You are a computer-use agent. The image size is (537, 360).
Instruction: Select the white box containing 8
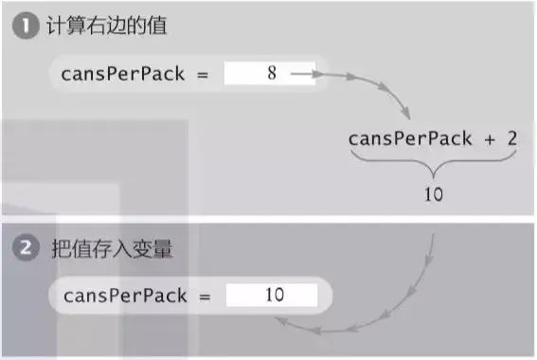tap(269, 72)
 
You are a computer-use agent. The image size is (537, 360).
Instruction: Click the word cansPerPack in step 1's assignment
tap(122, 73)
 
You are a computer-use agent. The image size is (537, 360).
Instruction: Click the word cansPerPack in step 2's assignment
tap(124, 296)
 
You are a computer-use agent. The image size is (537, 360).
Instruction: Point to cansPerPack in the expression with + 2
tap(409, 138)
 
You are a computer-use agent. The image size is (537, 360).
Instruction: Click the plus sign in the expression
tap(491, 138)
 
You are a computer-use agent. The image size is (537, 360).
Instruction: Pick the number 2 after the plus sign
tap(511, 138)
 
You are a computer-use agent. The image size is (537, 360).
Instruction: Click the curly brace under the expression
tap(433, 166)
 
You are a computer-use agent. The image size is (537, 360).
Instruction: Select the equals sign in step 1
tap(202, 73)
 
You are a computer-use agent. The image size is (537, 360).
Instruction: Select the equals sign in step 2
tap(205, 296)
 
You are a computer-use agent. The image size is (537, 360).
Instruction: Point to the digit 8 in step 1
tap(272, 72)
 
